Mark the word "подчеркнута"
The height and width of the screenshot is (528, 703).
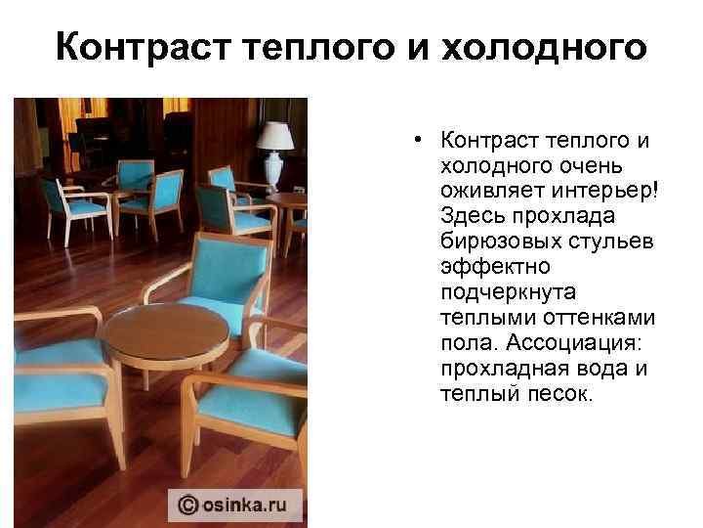tap(508, 291)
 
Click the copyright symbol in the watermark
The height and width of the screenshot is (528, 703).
tap(186, 505)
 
